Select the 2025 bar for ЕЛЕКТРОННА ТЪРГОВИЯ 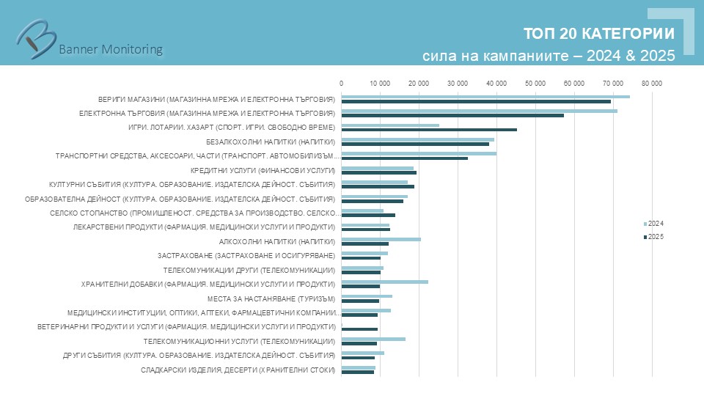pyautogui.click(x=452, y=115)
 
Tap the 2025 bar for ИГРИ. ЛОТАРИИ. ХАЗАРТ pyautogui.click(x=429, y=130)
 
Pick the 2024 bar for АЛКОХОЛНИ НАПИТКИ pyautogui.click(x=381, y=239)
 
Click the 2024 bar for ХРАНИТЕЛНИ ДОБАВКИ pyautogui.click(x=385, y=282)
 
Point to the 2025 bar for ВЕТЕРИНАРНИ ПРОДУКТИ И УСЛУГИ pyautogui.click(x=359, y=329)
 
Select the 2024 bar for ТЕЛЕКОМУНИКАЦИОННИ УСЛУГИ pyautogui.click(x=373, y=339)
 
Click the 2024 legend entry pyautogui.click(x=655, y=223)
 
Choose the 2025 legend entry pyautogui.click(x=655, y=236)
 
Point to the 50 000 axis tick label pyautogui.click(x=535, y=84)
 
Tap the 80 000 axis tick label pyautogui.click(x=651, y=84)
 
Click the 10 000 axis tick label pyautogui.click(x=380, y=84)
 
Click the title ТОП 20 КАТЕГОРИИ pyautogui.click(x=599, y=34)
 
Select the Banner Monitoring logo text pyautogui.click(x=110, y=49)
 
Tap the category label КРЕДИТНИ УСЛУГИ pyautogui.click(x=279, y=170)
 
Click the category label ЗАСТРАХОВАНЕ pyautogui.click(x=246, y=255)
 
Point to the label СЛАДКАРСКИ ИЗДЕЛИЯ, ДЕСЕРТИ pyautogui.click(x=238, y=370)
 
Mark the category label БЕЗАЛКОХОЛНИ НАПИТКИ pyautogui.click(x=271, y=142)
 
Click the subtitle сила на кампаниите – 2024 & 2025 pyautogui.click(x=549, y=56)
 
